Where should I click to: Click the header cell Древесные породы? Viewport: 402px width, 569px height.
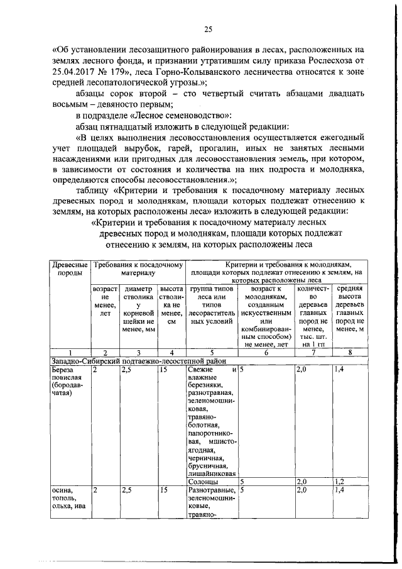pos(69,268)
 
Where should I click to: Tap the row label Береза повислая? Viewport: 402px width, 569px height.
pos(65,375)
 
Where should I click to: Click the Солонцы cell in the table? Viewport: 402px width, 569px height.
pos(200,482)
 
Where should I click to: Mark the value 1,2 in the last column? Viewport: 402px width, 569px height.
pos(340,482)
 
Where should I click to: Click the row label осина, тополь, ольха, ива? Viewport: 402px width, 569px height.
pos(65,499)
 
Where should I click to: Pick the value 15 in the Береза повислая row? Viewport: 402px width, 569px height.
pos(164,370)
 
